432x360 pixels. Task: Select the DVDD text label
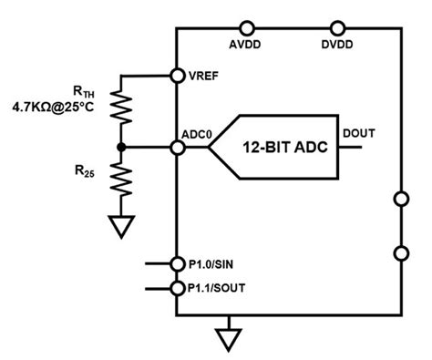(339, 45)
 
